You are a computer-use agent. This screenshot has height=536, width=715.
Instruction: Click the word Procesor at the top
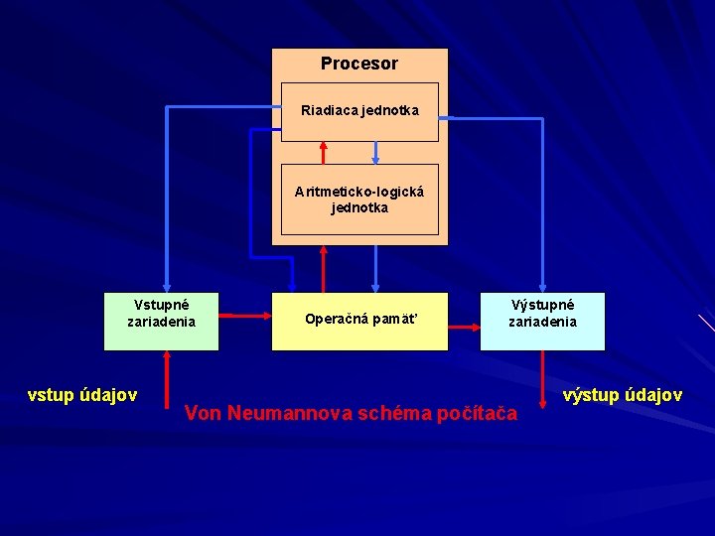358,64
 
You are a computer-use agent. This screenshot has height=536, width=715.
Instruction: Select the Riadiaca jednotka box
359,110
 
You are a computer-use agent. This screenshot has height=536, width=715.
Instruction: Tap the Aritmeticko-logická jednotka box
359,200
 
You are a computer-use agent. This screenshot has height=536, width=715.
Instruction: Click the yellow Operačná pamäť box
359,320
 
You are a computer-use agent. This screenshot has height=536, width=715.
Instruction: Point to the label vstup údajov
82,395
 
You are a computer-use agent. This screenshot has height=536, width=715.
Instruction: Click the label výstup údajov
623,395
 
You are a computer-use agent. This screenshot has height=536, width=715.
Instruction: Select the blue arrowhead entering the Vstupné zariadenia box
167,286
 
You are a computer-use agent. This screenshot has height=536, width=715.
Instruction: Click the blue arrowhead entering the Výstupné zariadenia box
542,286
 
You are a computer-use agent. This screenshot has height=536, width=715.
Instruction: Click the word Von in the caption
204,413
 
